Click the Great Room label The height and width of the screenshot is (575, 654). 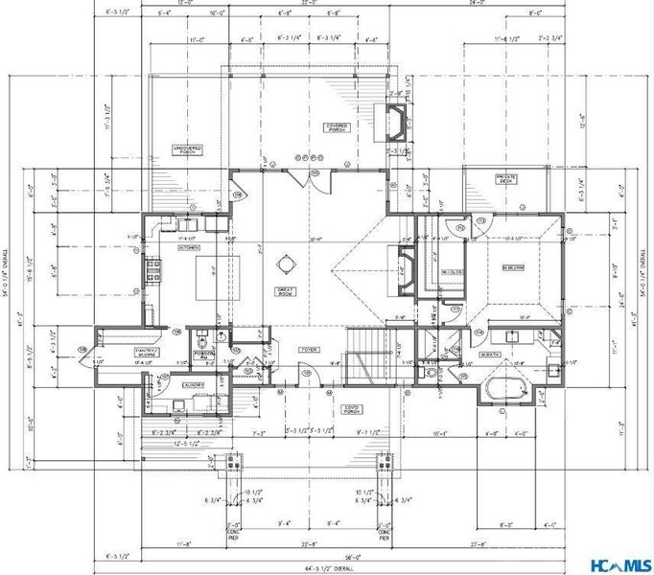point(285,287)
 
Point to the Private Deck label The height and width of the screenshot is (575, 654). point(506,178)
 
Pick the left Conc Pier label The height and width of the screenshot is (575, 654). point(234,529)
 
